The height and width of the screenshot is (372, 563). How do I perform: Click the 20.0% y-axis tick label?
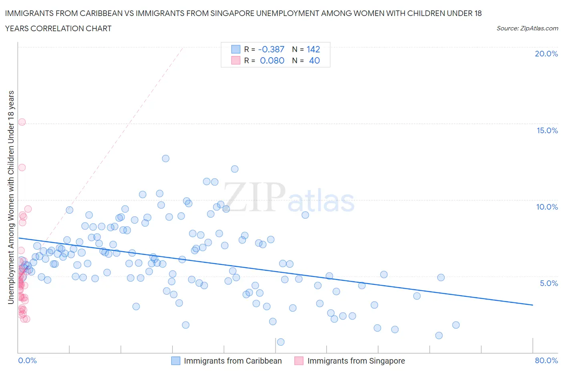click(x=546, y=54)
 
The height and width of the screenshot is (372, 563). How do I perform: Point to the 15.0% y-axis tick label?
click(x=547, y=130)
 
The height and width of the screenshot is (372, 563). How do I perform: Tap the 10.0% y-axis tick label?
click(x=547, y=207)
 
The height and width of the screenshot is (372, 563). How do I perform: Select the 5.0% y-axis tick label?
click(x=549, y=283)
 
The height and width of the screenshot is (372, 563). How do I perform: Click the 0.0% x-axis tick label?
click(x=27, y=360)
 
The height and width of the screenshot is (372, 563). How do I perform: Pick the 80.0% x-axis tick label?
click(x=546, y=360)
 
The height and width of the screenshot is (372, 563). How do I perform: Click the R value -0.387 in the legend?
click(x=271, y=49)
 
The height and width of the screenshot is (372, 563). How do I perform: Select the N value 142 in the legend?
click(x=313, y=49)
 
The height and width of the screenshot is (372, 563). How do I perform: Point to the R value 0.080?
click(x=272, y=60)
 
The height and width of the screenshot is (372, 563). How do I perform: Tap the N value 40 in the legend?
click(x=314, y=60)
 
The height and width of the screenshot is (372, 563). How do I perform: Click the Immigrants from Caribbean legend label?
click(x=233, y=361)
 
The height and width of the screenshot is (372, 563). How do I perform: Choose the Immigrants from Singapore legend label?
click(x=356, y=361)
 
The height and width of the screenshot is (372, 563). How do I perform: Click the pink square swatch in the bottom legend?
click(x=299, y=361)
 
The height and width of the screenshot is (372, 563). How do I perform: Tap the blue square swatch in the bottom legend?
click(x=175, y=361)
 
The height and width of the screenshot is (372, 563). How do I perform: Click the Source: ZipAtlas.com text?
click(x=527, y=28)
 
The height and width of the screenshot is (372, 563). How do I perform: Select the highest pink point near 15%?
click(x=22, y=122)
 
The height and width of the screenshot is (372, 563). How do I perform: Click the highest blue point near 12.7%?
click(x=165, y=158)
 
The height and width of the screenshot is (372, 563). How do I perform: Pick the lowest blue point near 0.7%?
click(x=281, y=342)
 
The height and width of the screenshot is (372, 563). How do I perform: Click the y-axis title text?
click(x=11, y=197)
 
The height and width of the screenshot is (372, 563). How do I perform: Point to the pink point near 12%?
click(x=22, y=168)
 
